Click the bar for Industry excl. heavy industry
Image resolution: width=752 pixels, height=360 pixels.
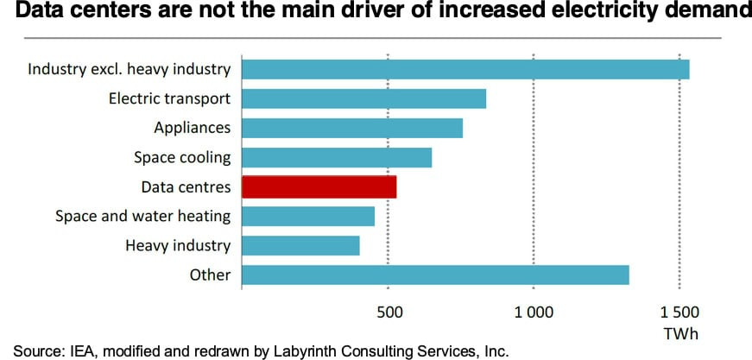[x=465, y=69]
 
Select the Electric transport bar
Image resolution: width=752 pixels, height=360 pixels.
[x=363, y=98]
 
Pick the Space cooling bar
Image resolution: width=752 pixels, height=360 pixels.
[x=337, y=157]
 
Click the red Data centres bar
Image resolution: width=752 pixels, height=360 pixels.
[x=319, y=186]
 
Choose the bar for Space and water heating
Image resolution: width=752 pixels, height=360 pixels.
[x=308, y=216]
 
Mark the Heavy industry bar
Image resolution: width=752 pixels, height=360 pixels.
[x=300, y=246]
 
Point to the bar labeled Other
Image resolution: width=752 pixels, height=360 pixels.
[x=435, y=275]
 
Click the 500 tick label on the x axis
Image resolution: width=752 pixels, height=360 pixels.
[x=388, y=313]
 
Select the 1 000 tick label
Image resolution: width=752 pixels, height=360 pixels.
[x=534, y=313]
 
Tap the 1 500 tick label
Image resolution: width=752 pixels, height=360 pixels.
[x=679, y=313]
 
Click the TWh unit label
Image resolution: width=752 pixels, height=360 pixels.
[x=679, y=333]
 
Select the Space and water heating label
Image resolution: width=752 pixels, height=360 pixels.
[x=142, y=216]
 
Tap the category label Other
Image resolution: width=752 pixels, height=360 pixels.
[x=211, y=275]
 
